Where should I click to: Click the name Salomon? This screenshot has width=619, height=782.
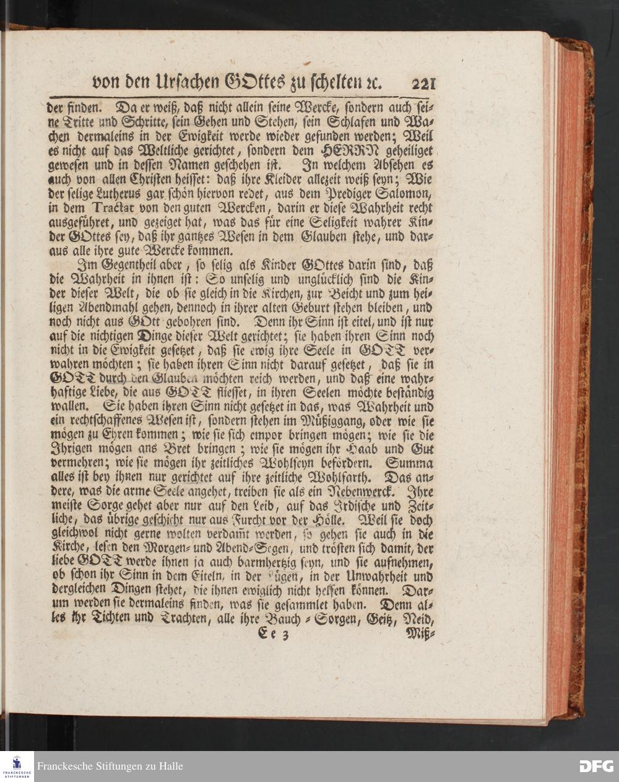(x=405, y=193)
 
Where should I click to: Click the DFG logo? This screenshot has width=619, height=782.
(x=596, y=766)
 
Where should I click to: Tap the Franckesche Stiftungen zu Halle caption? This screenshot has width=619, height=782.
(x=110, y=767)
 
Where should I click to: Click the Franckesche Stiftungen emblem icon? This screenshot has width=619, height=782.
(x=16, y=766)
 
